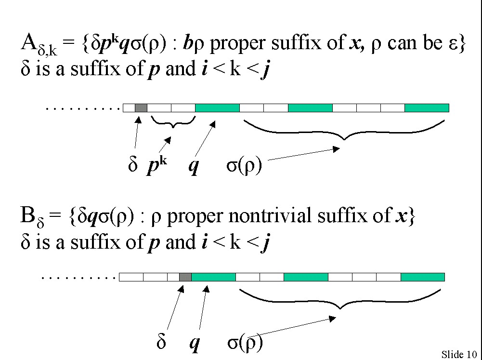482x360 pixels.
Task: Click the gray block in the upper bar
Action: click(x=141, y=108)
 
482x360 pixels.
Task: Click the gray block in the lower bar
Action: click(x=185, y=277)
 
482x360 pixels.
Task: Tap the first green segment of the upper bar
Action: click(x=217, y=108)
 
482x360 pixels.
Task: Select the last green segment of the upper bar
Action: click(x=427, y=108)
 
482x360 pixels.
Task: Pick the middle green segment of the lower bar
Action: click(x=306, y=277)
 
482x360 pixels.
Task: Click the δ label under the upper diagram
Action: click(x=133, y=167)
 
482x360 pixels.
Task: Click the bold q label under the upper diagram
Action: click(x=194, y=167)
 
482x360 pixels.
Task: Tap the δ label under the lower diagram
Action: click(x=162, y=343)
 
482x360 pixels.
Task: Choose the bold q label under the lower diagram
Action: click(x=195, y=344)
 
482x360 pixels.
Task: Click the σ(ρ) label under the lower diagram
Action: click(x=245, y=343)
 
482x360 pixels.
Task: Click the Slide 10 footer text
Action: click(x=459, y=355)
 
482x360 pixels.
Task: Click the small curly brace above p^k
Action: click(x=173, y=122)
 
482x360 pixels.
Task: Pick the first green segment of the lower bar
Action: click(x=213, y=277)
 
